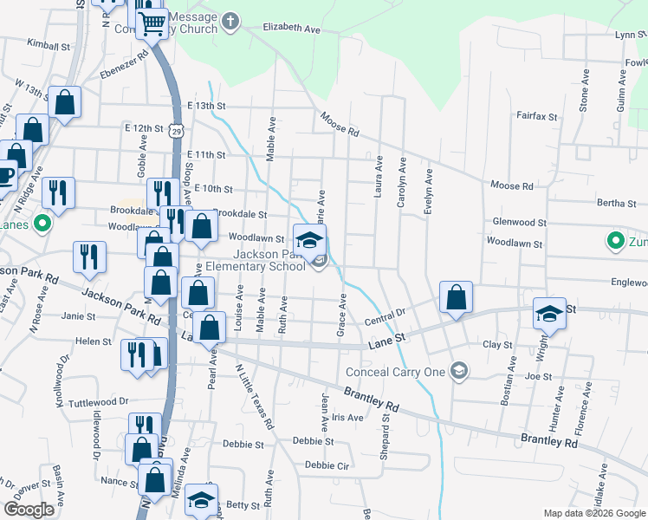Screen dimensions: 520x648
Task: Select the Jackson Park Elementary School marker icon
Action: tap(309, 240)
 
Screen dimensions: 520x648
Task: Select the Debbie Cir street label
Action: tap(327, 465)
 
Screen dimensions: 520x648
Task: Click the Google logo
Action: tap(29, 509)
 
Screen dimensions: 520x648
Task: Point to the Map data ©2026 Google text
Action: tap(593, 513)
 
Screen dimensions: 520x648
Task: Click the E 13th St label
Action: tap(205, 106)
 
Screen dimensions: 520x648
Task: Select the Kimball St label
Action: tap(48, 44)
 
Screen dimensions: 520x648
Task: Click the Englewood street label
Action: tap(628, 283)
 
